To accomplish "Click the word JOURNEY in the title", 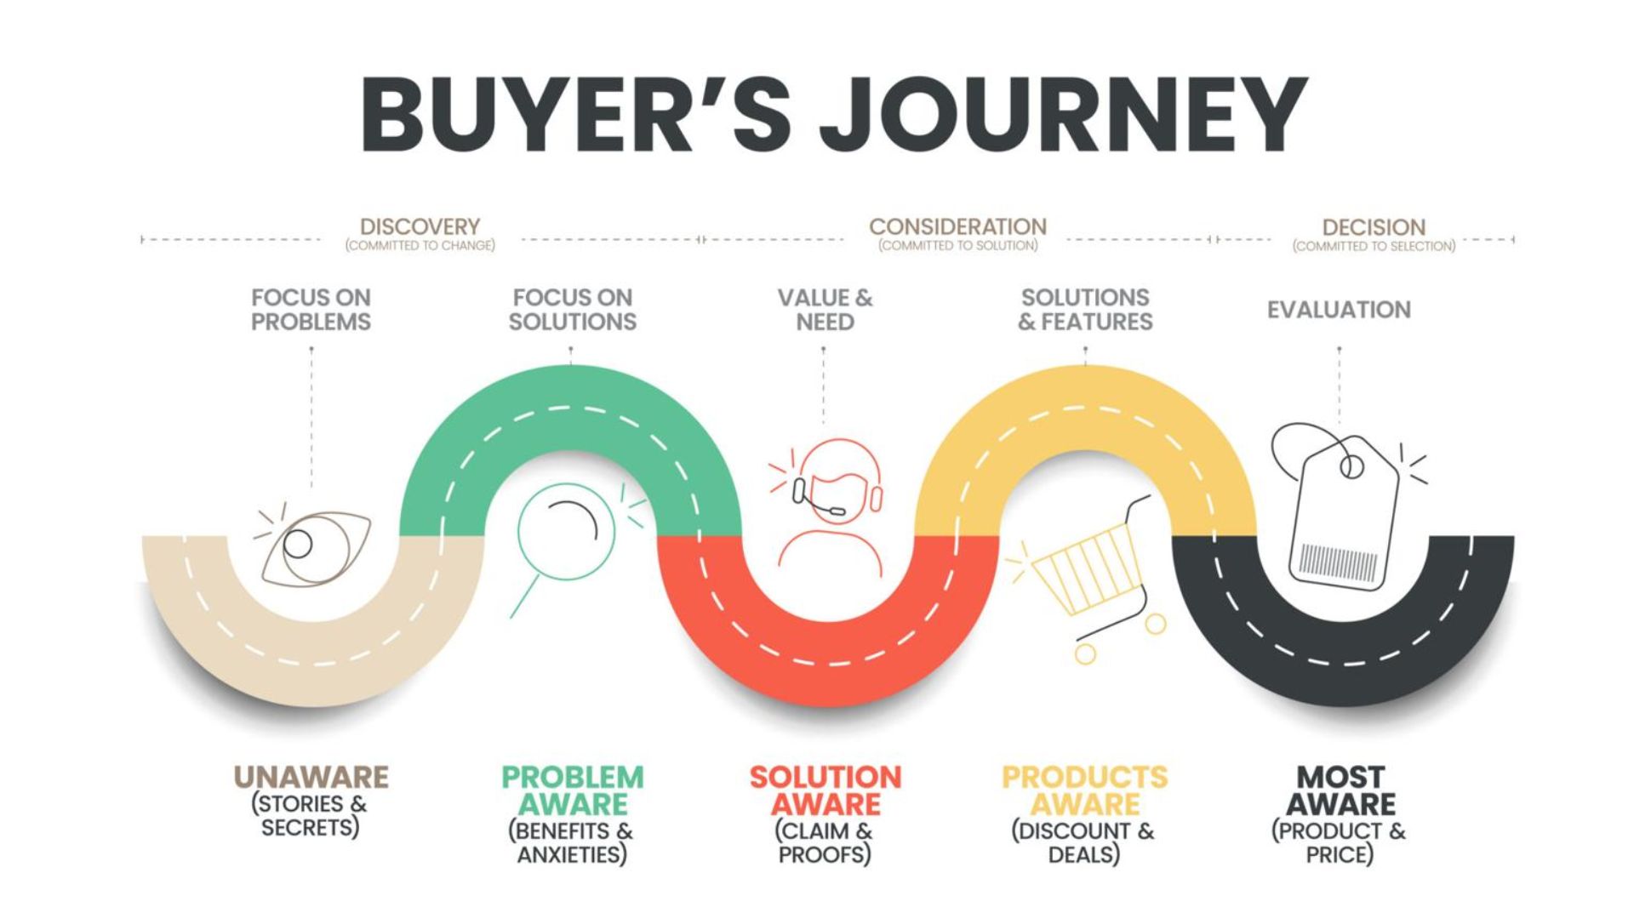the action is (1064, 114).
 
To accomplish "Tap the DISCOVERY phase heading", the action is (420, 226).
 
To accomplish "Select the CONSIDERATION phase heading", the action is (957, 226).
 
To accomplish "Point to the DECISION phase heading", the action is (1374, 227).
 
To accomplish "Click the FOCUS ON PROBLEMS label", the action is (311, 310).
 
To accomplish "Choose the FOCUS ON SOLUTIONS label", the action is (573, 310).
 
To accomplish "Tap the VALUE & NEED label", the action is (825, 310).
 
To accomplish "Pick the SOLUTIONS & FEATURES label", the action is (1085, 310).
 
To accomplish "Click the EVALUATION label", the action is (1339, 310).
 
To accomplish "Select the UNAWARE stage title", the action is (311, 777).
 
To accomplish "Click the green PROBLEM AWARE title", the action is (573, 791).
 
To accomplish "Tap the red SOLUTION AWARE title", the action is (825, 791).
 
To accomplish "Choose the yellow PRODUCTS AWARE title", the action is (1085, 791).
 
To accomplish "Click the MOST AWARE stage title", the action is (1340, 791).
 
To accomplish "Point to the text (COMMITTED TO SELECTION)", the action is (1374, 247).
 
